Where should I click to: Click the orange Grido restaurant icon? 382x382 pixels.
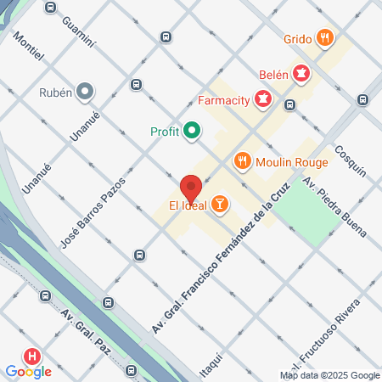pos(323,37)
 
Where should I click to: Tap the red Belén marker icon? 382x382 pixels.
pos(301,74)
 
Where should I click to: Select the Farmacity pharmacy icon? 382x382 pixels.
pos(264,101)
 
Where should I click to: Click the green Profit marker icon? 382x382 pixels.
pos(193,131)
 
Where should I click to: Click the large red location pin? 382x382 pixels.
pos(191,188)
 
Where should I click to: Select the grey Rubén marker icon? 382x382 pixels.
pos(85,90)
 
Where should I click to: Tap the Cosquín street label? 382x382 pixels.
pos(350,159)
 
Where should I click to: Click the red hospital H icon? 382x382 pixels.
pos(33,357)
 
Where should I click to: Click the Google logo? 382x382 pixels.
pos(28,371)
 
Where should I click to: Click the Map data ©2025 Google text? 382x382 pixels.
pos(330,375)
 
